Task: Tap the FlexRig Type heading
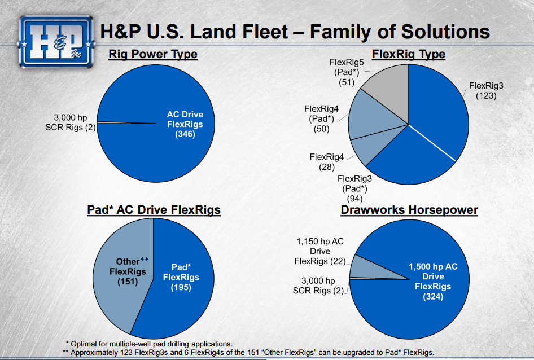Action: click(408, 55)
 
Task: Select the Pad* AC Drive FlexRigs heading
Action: click(154, 210)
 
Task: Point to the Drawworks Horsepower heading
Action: click(409, 210)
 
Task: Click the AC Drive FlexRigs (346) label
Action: click(185, 124)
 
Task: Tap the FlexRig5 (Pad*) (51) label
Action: click(346, 72)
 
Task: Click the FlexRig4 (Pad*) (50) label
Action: click(321, 119)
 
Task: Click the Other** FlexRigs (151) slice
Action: click(127, 271)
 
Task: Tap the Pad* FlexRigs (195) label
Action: click(181, 277)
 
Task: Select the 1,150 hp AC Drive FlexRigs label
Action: click(319, 251)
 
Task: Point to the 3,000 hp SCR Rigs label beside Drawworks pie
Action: click(318, 286)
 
